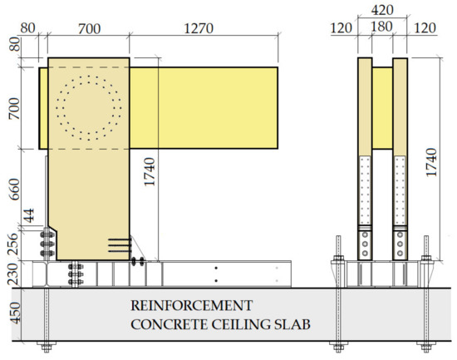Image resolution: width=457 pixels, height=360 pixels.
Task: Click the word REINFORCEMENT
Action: [192, 306]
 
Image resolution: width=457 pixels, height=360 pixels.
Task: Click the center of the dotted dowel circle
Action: [88, 107]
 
